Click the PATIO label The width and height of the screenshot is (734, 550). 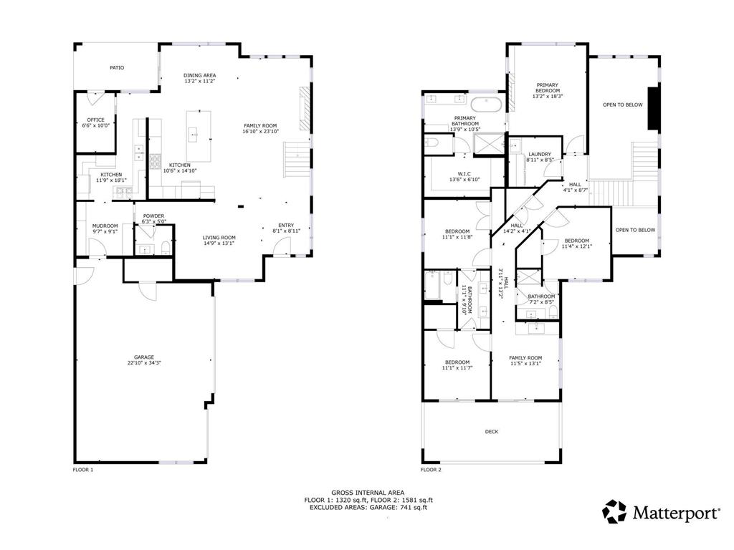tap(117, 68)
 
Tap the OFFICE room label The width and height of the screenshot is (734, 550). tap(96, 120)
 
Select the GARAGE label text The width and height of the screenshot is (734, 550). tap(143, 357)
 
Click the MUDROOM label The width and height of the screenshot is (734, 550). tap(105, 226)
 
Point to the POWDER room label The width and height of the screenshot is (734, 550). tap(153, 216)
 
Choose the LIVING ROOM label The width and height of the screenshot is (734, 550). tap(219, 238)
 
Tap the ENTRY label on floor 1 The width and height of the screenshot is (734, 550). tap(286, 226)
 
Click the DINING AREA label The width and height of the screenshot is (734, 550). tap(199, 75)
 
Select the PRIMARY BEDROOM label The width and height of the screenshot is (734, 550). tap(548, 87)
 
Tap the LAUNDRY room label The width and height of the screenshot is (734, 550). tap(539, 155)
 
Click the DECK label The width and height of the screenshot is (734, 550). tap(491, 431)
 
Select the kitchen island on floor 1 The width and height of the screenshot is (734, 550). tap(199, 135)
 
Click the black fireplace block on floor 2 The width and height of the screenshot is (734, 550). tap(653, 109)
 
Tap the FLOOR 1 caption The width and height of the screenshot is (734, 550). tap(83, 470)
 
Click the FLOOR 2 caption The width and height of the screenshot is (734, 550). tap(431, 470)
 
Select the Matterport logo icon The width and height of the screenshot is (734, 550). tap(614, 511)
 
